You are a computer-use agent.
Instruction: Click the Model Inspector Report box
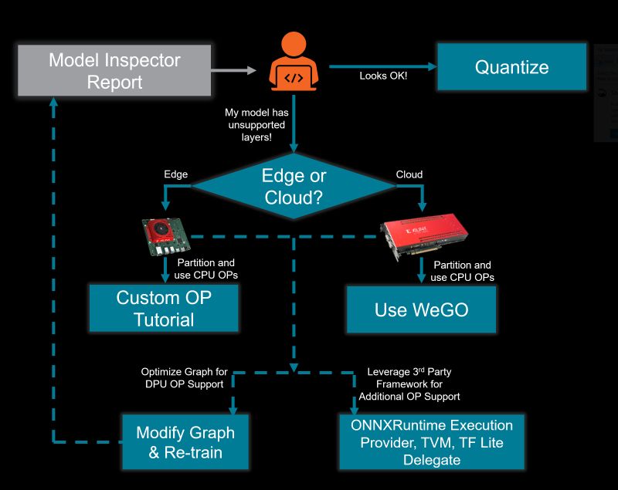point(114,70)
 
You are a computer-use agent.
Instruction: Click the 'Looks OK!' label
point(383,76)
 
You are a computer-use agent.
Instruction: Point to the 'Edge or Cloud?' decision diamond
point(295,186)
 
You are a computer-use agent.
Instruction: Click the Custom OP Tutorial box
point(163,308)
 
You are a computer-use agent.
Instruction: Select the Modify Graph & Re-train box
point(185,442)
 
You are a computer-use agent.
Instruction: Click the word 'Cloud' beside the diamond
point(409,174)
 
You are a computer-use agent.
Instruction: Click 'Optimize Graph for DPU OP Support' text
point(184,377)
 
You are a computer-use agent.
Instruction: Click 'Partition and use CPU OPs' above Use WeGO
point(461,271)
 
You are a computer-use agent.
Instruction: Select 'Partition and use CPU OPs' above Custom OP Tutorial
point(205,269)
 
